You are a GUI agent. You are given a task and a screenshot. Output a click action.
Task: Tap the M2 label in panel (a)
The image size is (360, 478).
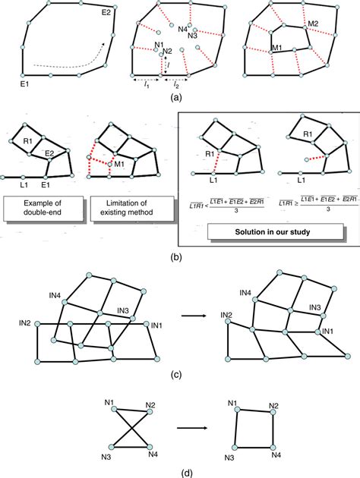tap(313, 24)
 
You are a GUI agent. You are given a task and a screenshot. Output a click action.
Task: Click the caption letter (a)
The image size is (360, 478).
tap(176, 97)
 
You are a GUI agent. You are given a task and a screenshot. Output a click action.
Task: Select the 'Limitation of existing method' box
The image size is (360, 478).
tap(124, 208)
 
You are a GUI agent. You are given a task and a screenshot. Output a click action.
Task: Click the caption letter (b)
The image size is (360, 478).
tap(176, 257)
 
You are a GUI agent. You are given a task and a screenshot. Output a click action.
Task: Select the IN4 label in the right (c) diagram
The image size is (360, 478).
tap(245, 292)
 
